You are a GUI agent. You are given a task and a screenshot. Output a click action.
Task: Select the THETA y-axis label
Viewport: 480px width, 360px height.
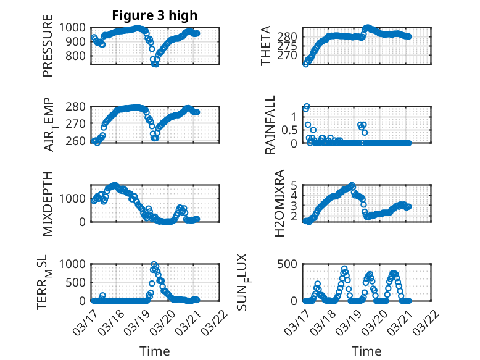(266, 46)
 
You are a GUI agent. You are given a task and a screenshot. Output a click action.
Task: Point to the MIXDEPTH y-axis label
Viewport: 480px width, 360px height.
(48, 204)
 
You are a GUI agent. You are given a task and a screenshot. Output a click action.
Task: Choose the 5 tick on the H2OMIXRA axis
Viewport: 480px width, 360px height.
(295, 185)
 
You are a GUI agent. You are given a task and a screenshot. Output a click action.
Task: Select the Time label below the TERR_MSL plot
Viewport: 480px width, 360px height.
(154, 351)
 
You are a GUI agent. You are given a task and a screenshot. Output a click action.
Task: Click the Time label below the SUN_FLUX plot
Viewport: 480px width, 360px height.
(366, 351)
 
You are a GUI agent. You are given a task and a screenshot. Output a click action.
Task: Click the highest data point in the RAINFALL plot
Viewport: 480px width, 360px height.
(307, 106)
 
